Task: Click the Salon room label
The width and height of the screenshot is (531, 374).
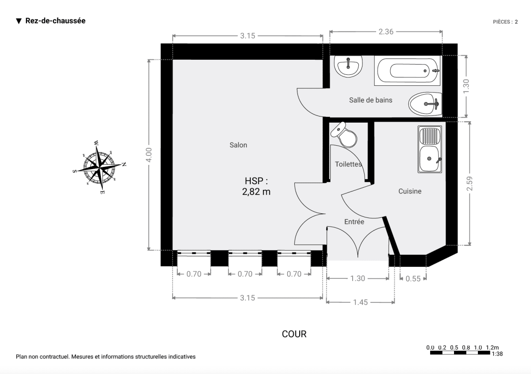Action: pos(238,145)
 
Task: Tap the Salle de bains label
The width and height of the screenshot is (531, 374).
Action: pos(370,100)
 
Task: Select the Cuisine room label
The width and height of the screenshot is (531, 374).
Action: pos(410,191)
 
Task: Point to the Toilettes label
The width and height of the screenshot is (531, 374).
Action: pos(348,164)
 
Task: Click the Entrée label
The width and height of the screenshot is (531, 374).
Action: pos(354,222)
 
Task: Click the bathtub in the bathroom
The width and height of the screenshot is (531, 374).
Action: pos(408,70)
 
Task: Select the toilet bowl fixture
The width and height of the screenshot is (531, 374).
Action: pos(344,135)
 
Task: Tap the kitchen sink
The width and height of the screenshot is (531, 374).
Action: pos(430,149)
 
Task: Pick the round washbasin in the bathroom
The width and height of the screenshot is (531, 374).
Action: pos(349,66)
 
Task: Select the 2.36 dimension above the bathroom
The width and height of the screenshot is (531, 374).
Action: pos(386,31)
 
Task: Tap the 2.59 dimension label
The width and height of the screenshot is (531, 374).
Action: pos(469,184)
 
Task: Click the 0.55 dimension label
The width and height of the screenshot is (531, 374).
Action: pos(413,279)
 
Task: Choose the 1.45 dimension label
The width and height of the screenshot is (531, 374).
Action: pos(361,302)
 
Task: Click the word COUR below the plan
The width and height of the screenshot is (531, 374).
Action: pos(294,334)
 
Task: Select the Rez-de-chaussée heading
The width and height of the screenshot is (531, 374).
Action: pos(55,21)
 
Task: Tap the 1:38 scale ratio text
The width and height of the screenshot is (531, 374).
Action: pos(496,354)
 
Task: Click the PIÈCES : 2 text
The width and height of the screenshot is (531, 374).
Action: pos(505,21)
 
